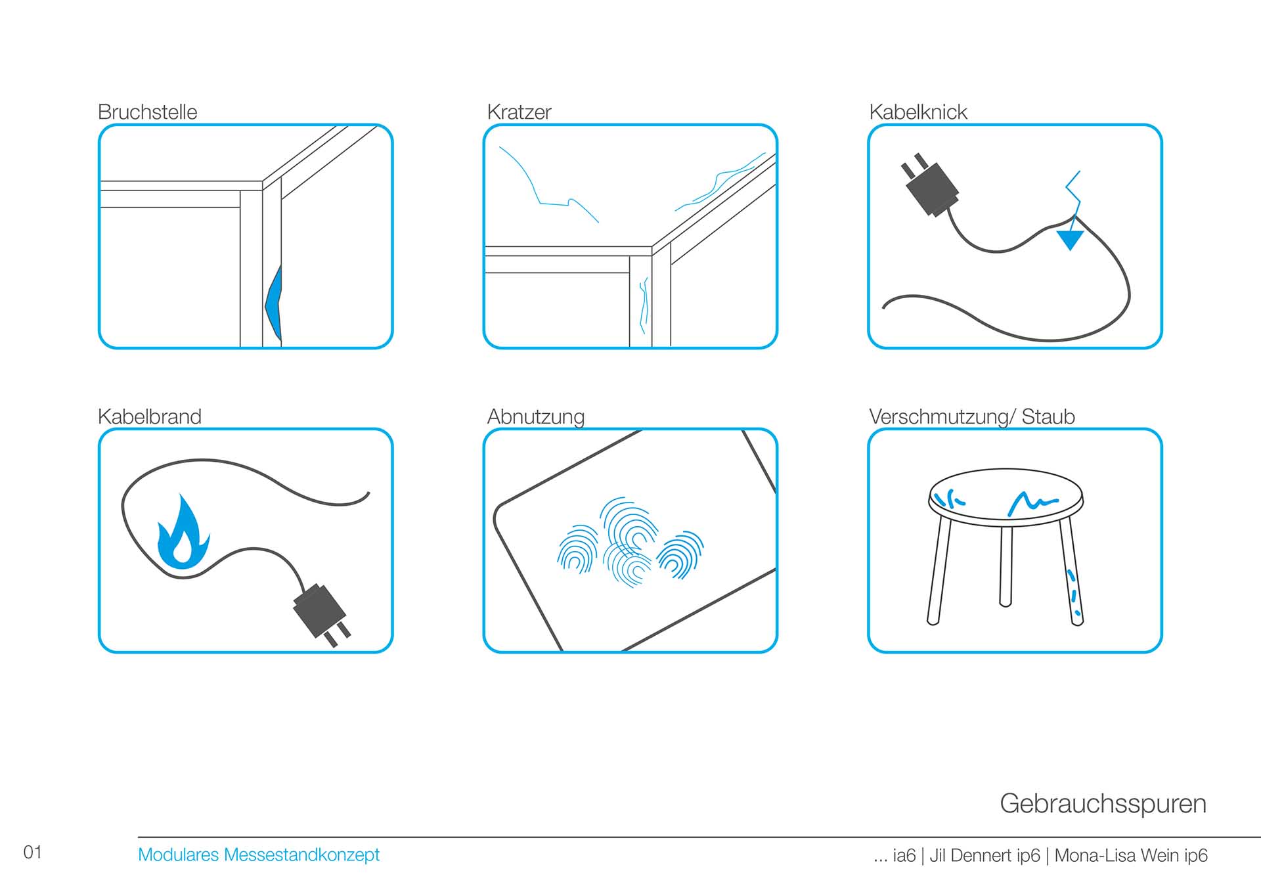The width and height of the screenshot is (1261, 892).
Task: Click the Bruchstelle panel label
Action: pos(147,112)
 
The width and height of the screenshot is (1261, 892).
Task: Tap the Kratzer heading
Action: pos(519,112)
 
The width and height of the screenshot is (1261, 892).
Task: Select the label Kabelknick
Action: pos(918,112)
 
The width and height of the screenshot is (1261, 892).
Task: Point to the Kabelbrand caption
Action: pos(149,416)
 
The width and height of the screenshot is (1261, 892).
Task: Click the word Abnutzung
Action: pos(535,417)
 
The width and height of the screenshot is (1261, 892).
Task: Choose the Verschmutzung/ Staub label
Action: pos(971,417)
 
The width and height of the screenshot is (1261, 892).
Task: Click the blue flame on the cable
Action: pos(183,533)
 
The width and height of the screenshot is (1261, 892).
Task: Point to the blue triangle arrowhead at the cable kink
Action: pos(1070,239)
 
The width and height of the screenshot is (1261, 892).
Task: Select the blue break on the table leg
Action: pos(274,303)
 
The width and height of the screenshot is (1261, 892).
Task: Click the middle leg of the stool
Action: pos(1006,565)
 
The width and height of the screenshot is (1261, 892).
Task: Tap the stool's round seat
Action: pos(1005,497)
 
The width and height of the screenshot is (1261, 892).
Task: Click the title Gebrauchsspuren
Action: pos(1103,803)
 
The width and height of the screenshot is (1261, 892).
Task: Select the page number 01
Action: pos(32,852)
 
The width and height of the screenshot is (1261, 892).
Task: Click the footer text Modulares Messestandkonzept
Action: pos(259,855)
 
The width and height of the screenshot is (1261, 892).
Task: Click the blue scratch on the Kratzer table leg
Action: pos(644,305)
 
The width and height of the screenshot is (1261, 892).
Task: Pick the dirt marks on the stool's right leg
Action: pos(1073,591)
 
